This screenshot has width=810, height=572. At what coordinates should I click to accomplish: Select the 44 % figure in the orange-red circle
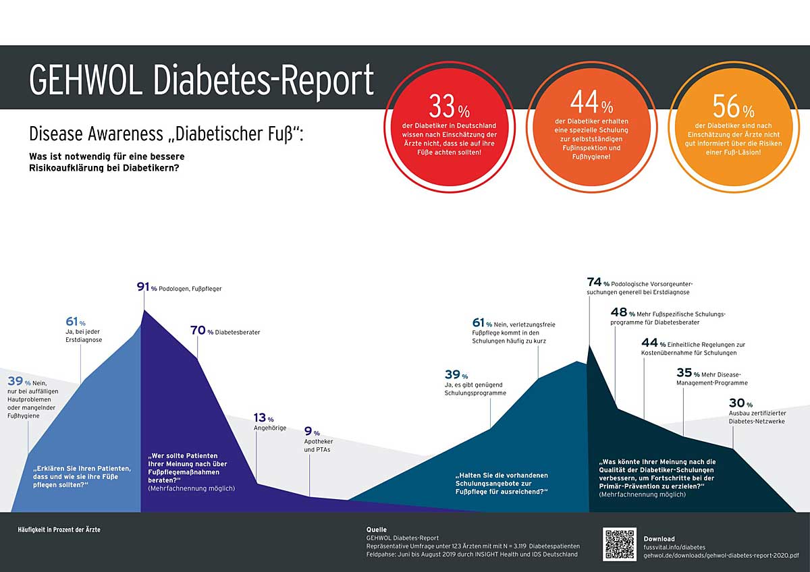pyautogui.click(x=591, y=105)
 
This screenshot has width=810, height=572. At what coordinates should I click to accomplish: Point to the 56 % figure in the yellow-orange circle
pyautogui.click(x=733, y=107)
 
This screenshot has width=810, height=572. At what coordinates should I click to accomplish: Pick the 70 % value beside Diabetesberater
pyautogui.click(x=201, y=331)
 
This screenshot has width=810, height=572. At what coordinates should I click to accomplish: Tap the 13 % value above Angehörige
pyautogui.click(x=264, y=419)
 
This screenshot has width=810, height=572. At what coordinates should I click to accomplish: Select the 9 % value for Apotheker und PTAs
pyautogui.click(x=311, y=432)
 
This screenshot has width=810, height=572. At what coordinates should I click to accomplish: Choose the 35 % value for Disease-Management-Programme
pyautogui.click(x=688, y=372)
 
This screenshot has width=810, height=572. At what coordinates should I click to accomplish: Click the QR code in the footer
pyautogui.click(x=620, y=544)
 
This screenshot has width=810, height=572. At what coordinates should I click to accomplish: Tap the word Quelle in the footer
pyautogui.click(x=376, y=530)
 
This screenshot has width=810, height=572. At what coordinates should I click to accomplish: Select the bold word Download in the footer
pyautogui.click(x=659, y=539)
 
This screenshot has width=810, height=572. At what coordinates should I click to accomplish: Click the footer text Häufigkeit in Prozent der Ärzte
pyautogui.click(x=59, y=530)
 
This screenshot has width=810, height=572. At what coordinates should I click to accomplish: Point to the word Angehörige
pyautogui.click(x=270, y=428)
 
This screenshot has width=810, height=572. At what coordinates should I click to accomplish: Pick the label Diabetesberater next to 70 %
pyautogui.click(x=238, y=332)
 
